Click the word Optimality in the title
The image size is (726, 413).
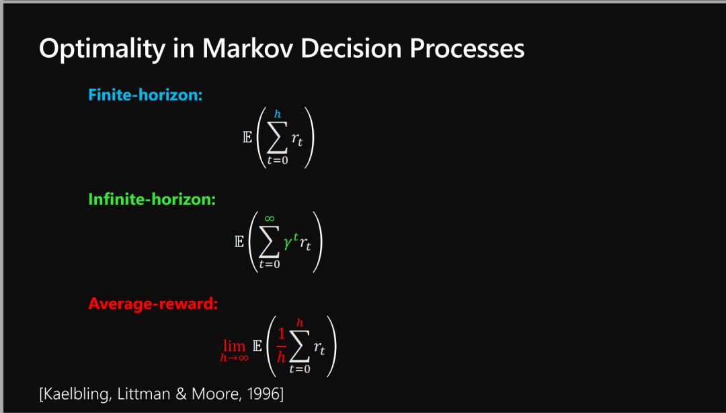[102, 48]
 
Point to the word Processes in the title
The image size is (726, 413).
[467, 48]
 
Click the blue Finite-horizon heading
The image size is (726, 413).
[145, 95]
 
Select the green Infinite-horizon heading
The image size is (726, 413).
[152, 199]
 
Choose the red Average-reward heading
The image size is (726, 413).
[153, 304]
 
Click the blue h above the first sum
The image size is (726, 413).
[278, 113]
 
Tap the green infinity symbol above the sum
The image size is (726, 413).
[270, 218]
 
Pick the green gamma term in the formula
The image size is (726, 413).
[291, 242]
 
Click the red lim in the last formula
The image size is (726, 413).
[235, 345]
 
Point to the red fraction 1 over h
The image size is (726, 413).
[281, 345]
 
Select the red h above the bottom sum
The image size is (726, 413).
[300, 323]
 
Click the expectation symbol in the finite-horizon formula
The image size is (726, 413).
[247, 138]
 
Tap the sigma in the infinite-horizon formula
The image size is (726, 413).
[269, 241]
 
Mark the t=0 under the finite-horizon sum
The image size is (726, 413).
[277, 161]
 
